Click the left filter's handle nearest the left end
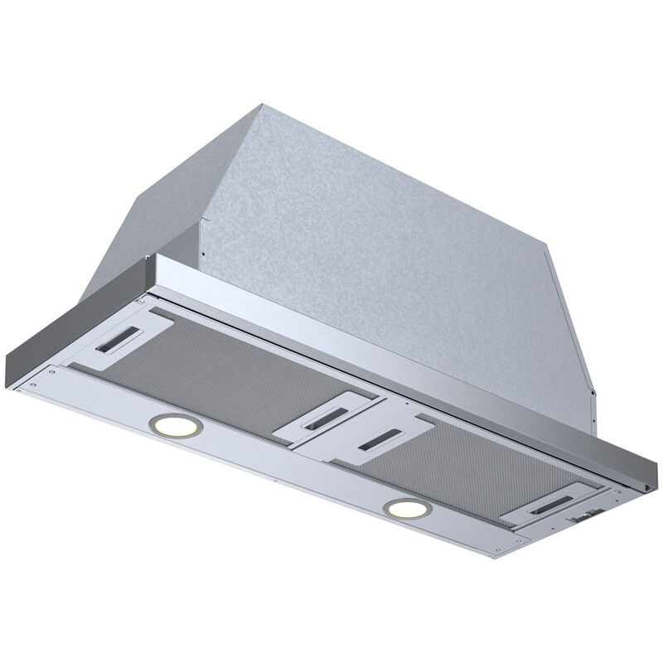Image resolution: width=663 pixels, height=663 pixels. pos(132,336)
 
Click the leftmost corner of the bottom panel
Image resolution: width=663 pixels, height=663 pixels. pos(12,386)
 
